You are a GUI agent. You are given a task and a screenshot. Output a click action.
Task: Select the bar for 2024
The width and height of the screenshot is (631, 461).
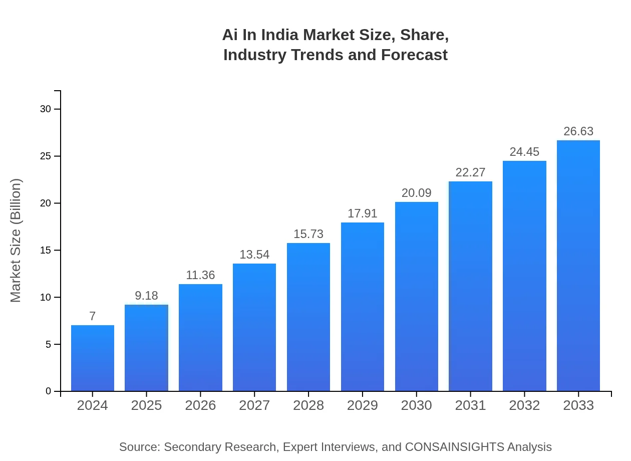click(93, 358)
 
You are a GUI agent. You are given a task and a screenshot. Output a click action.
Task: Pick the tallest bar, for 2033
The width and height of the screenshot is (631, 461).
click(578, 266)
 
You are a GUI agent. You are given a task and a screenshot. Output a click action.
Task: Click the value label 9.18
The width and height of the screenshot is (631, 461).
click(146, 296)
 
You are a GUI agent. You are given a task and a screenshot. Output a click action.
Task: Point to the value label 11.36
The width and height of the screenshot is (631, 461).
click(200, 275)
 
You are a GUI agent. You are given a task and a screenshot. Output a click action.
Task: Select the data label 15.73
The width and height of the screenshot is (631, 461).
click(308, 234)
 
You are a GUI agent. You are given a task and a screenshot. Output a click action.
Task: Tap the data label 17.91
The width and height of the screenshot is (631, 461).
click(363, 213)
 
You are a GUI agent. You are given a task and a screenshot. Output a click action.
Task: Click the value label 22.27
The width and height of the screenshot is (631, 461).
click(470, 172)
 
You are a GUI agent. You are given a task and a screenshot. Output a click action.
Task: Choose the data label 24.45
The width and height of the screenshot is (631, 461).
click(524, 152)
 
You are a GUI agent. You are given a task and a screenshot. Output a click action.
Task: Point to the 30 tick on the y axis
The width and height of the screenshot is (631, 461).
click(45, 109)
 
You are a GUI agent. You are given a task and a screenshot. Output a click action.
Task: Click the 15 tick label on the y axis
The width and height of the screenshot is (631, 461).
click(45, 251)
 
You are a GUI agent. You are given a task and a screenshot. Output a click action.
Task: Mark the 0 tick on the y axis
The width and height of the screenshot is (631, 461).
click(49, 391)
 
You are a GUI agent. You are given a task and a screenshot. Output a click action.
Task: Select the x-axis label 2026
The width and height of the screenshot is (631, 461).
click(200, 405)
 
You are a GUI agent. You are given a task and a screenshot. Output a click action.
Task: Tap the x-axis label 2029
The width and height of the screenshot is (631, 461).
click(363, 405)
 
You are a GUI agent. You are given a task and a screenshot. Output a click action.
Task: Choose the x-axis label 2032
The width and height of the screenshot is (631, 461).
click(524, 405)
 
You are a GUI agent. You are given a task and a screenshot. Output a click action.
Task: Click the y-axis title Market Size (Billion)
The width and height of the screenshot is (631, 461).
click(16, 241)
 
